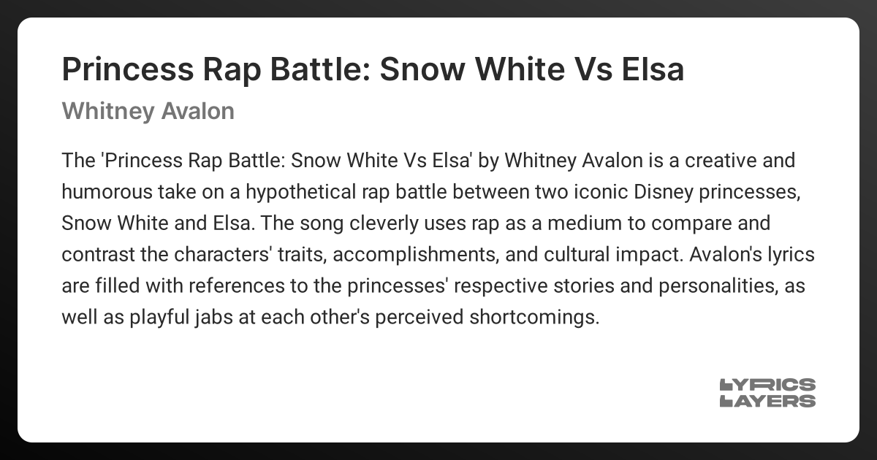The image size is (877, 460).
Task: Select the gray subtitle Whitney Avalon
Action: pyautogui.click(x=148, y=111)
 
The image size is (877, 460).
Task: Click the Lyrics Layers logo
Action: pyautogui.click(x=767, y=393)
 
